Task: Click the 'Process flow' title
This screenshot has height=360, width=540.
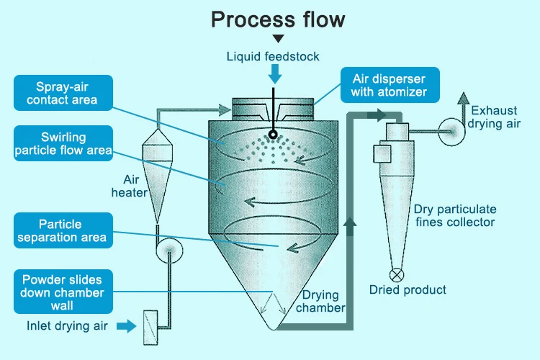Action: [x=278, y=19]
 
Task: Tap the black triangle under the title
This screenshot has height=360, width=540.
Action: [x=278, y=39]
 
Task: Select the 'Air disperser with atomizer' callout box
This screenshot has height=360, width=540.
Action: [x=389, y=84]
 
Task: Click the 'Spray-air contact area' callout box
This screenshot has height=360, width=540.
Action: [x=63, y=91]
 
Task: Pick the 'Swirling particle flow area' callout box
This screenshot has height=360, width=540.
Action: [x=63, y=143]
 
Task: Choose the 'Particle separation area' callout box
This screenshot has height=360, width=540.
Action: [x=63, y=230]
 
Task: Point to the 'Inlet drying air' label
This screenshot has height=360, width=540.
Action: [x=68, y=326]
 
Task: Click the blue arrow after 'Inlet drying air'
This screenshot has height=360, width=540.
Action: [x=126, y=326]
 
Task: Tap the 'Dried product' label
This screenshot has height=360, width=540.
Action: [x=408, y=290]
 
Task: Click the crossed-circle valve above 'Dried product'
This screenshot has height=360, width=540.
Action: [x=397, y=274]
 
